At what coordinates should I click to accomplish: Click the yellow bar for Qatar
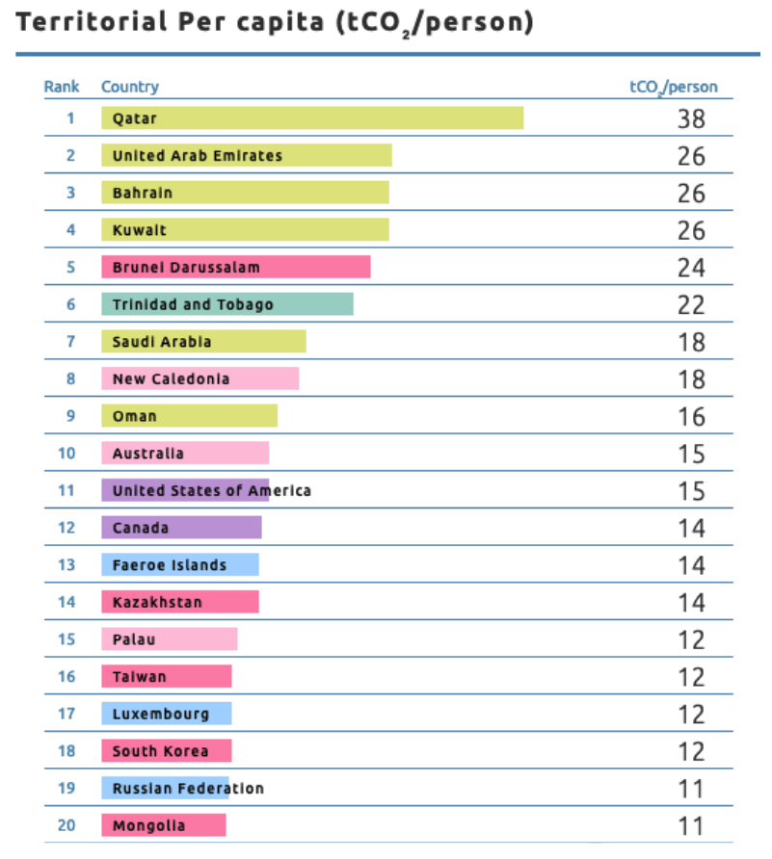312,117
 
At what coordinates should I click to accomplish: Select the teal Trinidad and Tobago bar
227,304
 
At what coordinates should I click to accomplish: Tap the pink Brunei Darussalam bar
236,267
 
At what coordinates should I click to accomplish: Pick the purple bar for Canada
181,528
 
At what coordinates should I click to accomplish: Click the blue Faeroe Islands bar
180,565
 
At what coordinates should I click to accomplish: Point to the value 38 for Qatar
691,118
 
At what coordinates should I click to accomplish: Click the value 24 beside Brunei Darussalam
691,268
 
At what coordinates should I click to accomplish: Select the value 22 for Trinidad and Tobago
691,305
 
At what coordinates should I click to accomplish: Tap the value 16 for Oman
691,417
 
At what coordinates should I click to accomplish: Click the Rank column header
62,87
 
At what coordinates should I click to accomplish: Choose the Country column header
130,87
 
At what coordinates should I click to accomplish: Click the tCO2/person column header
673,87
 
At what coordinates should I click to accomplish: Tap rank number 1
70,118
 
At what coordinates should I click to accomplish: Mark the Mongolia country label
148,826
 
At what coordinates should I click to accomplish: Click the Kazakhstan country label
157,603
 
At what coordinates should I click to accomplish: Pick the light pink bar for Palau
170,639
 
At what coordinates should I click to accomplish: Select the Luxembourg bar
167,715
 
